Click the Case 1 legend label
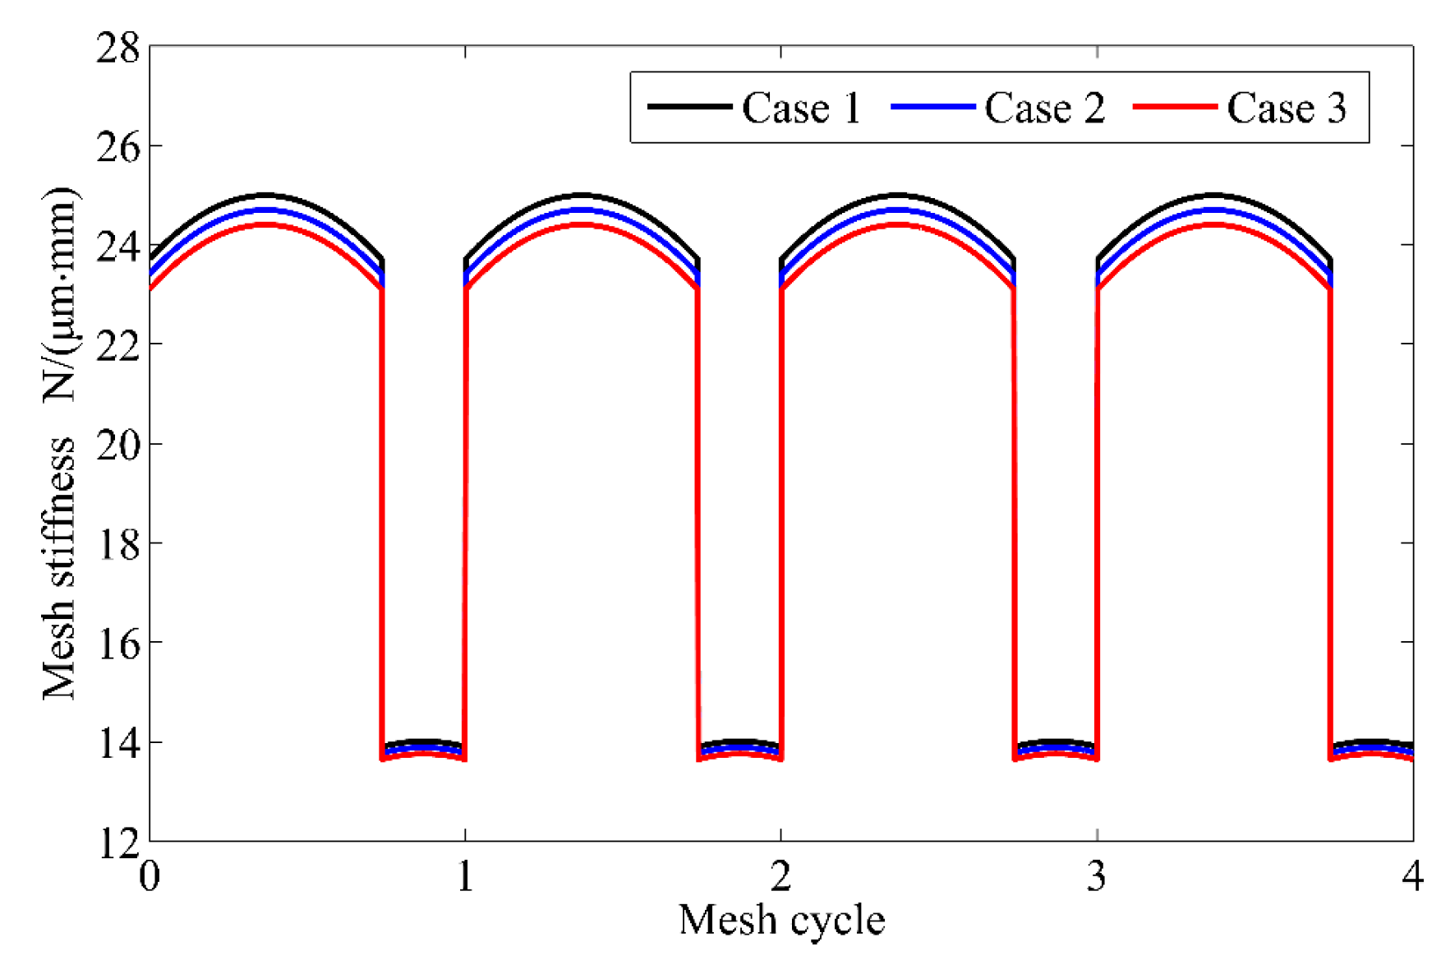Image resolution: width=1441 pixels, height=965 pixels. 801,109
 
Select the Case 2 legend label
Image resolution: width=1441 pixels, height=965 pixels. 1044,109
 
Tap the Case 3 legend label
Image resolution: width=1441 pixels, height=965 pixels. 1287,109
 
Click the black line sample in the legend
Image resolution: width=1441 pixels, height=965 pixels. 689,107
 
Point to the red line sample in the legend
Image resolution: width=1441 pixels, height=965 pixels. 1175,107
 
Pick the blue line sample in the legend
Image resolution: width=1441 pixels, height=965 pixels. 932,107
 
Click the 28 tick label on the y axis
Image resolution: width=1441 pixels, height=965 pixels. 118,48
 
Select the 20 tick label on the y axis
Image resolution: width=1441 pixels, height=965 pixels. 118,445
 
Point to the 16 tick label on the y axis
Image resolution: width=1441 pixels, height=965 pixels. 118,644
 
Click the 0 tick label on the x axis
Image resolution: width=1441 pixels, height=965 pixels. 150,876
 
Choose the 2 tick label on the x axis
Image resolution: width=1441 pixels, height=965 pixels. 781,876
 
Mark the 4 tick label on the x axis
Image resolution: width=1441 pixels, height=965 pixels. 1412,876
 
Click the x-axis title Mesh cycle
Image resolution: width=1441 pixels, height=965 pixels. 781,920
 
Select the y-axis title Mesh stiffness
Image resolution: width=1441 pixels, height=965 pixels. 59,567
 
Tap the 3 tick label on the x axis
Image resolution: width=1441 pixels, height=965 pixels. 1097,876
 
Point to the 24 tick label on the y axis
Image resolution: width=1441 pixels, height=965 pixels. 118,246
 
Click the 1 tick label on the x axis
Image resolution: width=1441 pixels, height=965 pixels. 466,876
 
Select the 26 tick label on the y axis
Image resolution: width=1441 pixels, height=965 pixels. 118,147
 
